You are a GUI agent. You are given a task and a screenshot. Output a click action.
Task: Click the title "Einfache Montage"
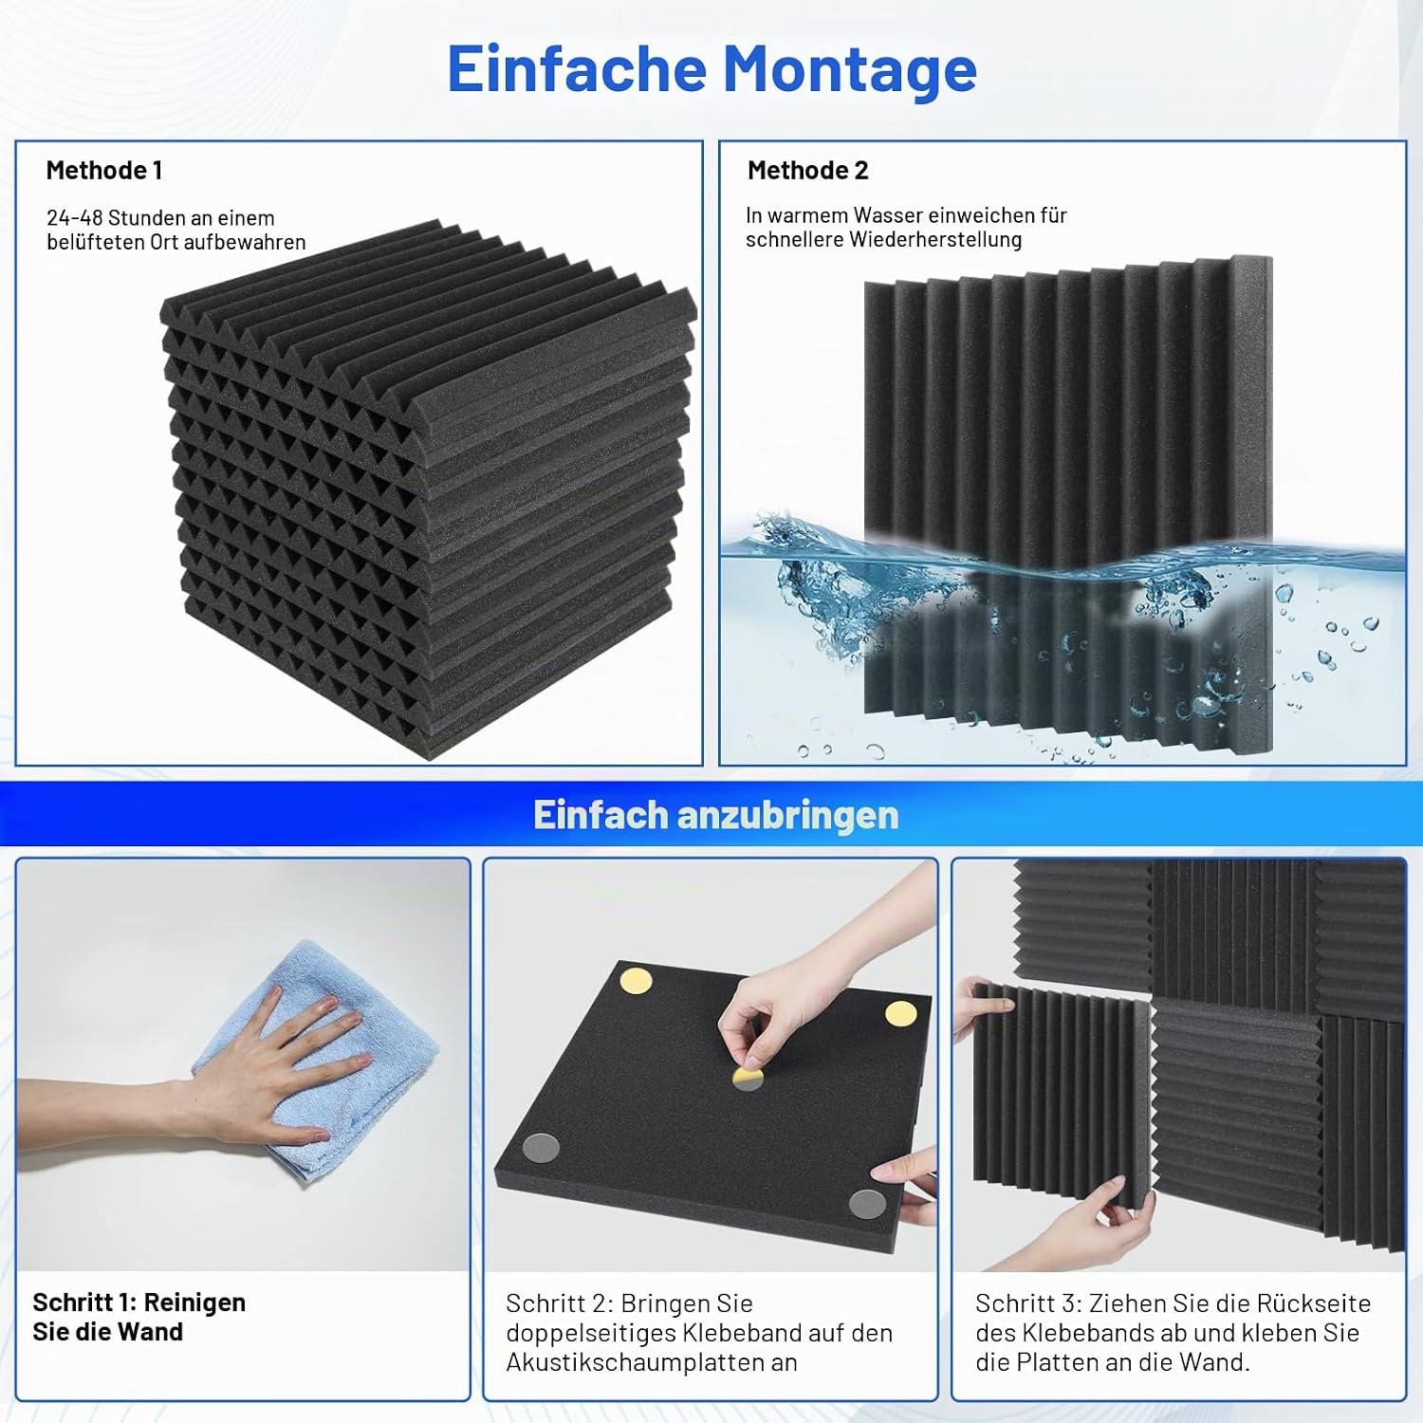(x=711, y=69)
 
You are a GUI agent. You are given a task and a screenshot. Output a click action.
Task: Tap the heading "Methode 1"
(x=104, y=171)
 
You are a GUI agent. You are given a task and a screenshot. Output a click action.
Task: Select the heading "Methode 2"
(x=807, y=171)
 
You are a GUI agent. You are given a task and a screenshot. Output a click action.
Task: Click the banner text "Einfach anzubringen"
(x=715, y=815)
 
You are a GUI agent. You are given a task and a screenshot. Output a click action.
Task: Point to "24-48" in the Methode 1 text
(x=74, y=218)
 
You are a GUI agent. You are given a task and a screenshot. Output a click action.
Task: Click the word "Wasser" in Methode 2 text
(x=888, y=215)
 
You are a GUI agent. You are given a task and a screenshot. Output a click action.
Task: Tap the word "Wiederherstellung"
(x=935, y=239)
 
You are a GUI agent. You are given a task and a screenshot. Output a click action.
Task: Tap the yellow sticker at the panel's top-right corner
(x=900, y=1013)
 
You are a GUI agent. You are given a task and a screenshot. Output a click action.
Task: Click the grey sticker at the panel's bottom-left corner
(x=541, y=1148)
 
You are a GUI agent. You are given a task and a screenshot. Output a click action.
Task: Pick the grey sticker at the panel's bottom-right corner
(x=867, y=1204)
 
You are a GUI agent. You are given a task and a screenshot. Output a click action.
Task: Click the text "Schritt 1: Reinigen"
(x=139, y=1303)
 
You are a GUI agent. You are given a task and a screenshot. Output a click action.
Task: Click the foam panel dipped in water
(x=1067, y=508)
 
